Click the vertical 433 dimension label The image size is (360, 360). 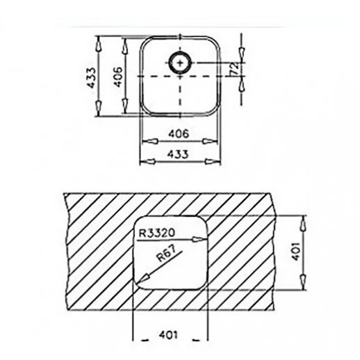click(x=91, y=78)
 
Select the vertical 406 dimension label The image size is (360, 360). click(x=118, y=77)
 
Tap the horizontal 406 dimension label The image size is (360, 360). click(x=179, y=133)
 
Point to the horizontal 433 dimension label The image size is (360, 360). click(x=178, y=154)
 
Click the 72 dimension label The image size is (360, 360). click(x=234, y=68)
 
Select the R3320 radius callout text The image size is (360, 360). click(x=156, y=233)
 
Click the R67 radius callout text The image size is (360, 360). click(x=166, y=254)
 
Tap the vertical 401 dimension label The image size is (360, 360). click(x=296, y=252)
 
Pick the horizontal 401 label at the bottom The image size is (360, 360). click(x=168, y=335)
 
